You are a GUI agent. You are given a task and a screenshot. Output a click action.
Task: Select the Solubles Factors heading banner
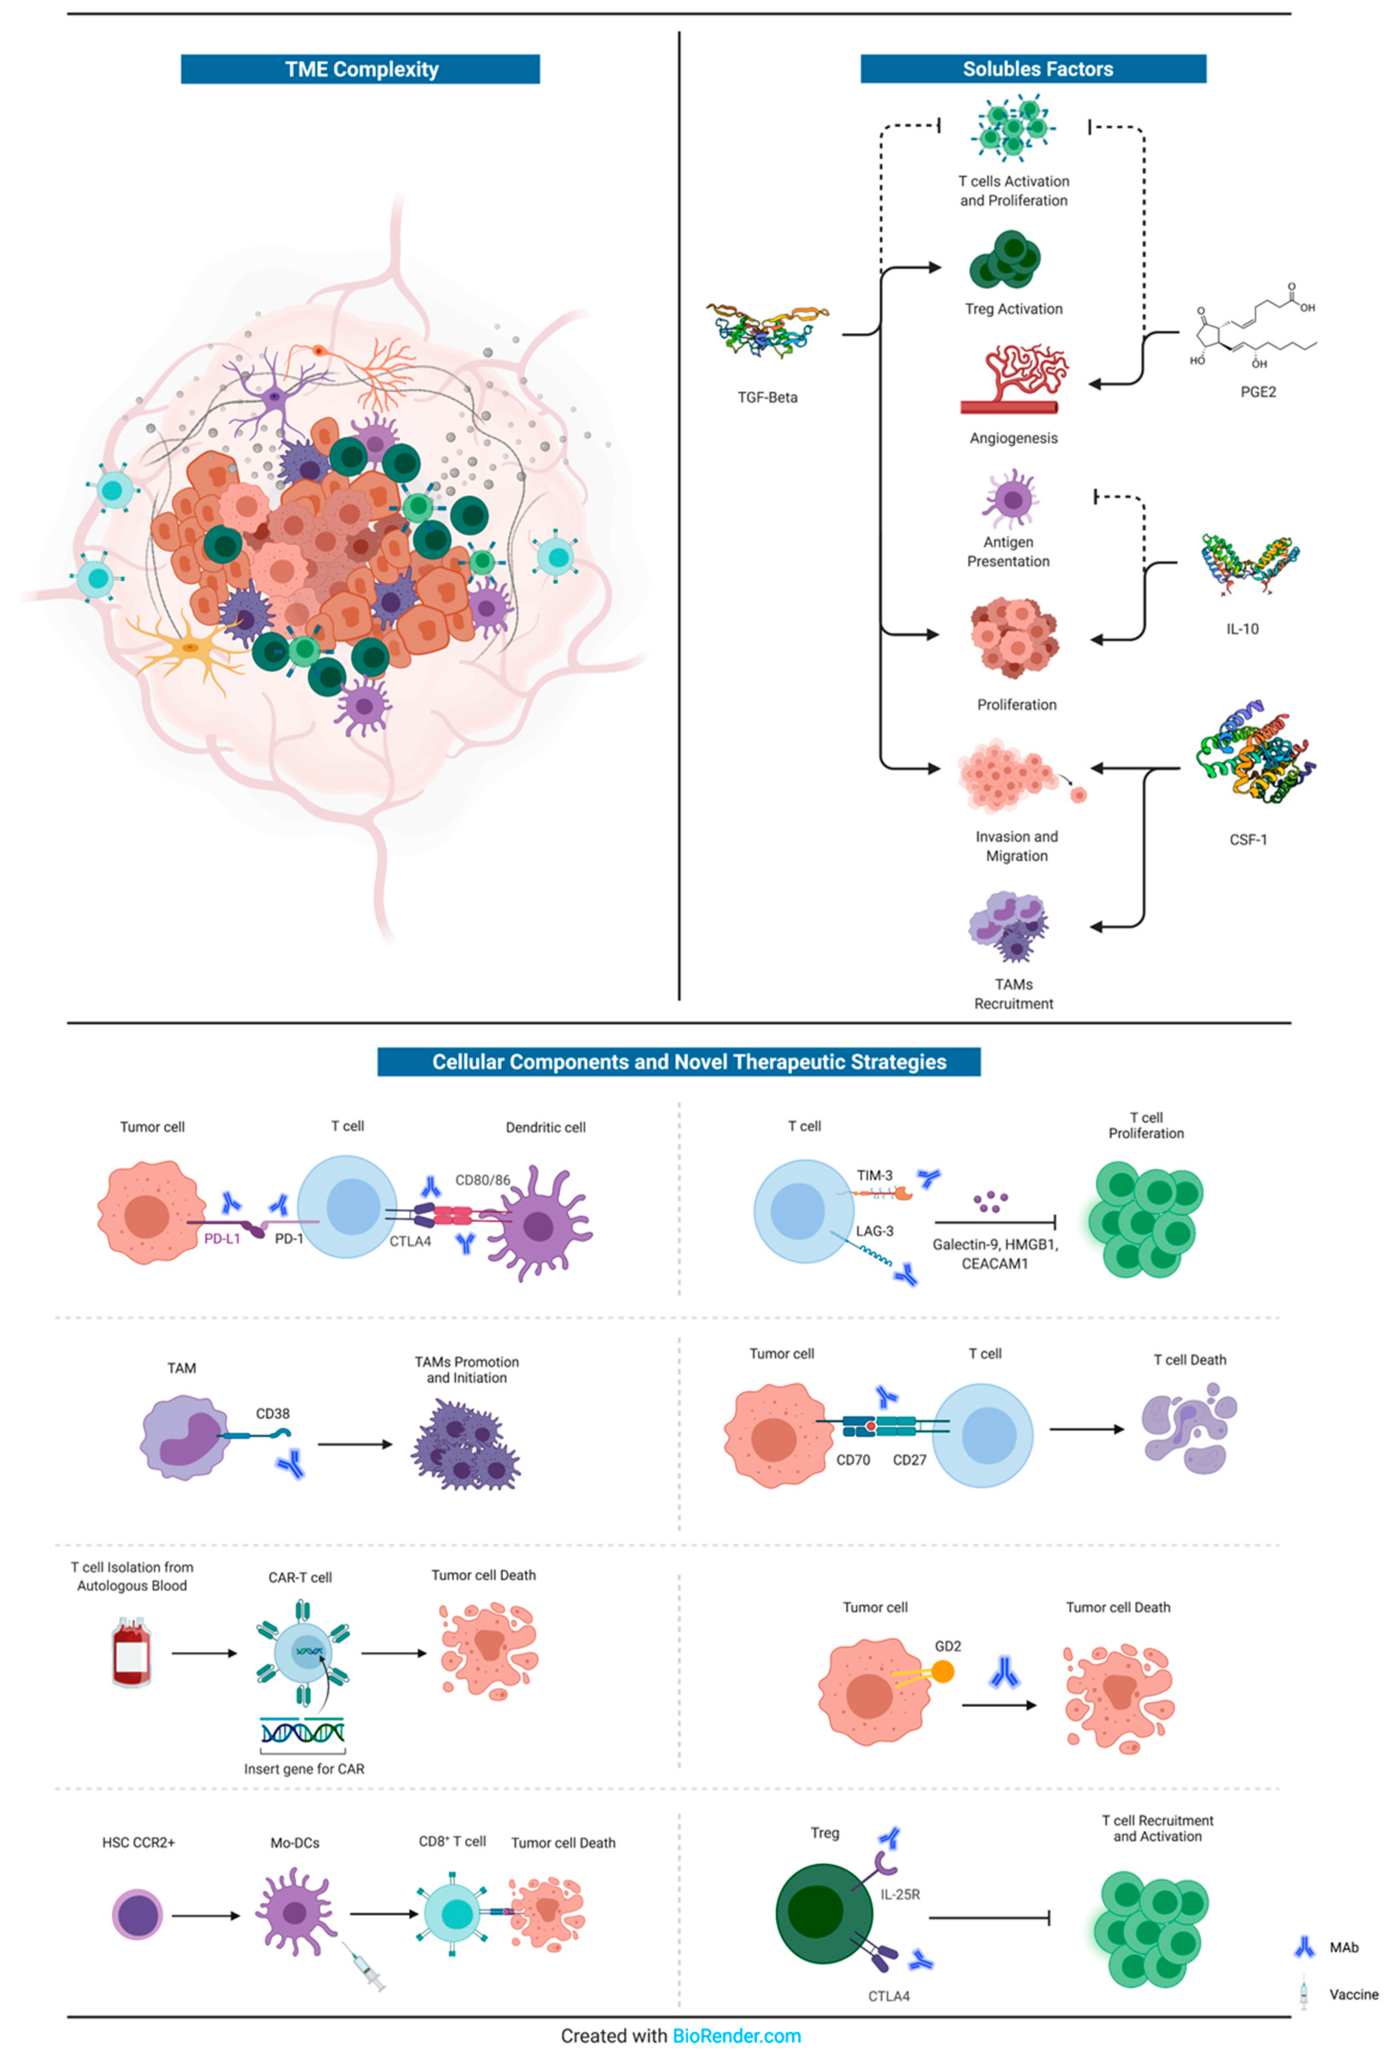(x=1032, y=69)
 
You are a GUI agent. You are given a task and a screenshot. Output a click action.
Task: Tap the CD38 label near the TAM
(x=272, y=1413)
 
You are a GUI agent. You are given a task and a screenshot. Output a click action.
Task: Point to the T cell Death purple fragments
(x=1189, y=1430)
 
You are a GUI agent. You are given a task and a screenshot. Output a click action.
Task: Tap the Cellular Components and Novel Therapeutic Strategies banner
(x=678, y=1061)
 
